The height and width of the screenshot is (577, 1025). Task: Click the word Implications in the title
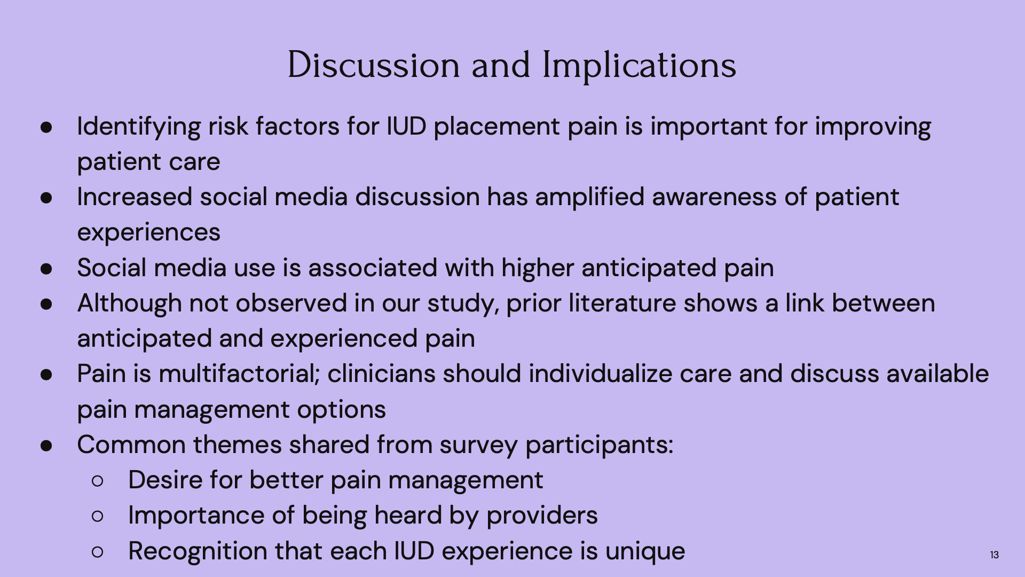[x=639, y=66]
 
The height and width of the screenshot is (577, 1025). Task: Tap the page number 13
[x=994, y=555]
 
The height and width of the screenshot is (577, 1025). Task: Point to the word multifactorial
[x=239, y=373]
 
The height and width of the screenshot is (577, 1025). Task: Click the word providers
[x=542, y=516]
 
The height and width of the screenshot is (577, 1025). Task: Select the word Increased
[x=135, y=197]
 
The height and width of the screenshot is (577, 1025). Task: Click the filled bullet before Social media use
[x=46, y=269]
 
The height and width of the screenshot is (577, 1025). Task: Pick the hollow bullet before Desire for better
[x=98, y=481]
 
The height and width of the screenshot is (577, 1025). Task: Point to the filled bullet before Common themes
[x=46, y=446]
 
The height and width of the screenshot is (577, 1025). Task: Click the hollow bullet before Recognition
[x=98, y=552]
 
